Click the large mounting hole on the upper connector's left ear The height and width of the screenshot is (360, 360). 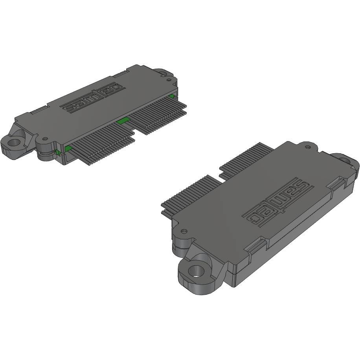pyautogui.click(x=14, y=143)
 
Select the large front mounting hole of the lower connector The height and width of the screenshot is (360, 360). pyautogui.click(x=197, y=271)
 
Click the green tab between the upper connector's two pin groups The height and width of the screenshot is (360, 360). pyautogui.click(x=123, y=120)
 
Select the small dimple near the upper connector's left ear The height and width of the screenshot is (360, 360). pyautogui.click(x=45, y=139)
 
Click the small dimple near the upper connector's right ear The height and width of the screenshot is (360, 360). pyautogui.click(x=169, y=80)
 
